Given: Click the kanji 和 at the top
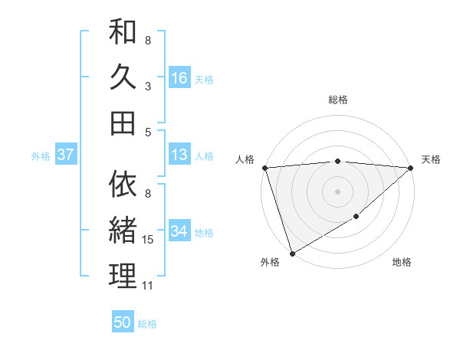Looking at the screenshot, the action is (123, 33).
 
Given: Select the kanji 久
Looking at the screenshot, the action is (123, 77).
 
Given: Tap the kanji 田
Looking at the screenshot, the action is (123, 123).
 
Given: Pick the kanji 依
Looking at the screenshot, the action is (123, 185).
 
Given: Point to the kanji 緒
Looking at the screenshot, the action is (123, 230).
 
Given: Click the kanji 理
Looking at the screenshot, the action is (123, 275).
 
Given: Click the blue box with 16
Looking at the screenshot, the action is (179, 78).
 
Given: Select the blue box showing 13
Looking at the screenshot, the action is (179, 155).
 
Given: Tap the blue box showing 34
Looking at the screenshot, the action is (179, 231).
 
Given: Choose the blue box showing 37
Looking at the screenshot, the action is (66, 155).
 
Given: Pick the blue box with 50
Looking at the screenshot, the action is (123, 322).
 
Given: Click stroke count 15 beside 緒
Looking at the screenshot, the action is (148, 241).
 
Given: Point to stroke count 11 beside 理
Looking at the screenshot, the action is (148, 286).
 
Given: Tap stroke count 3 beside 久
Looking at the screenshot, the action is (148, 87).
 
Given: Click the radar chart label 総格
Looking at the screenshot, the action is (337, 100).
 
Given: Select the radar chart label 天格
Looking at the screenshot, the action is (431, 159).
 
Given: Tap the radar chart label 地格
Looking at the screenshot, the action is (402, 262).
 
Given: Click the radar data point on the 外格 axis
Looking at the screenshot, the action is (292, 254).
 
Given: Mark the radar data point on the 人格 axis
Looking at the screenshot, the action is (264, 168).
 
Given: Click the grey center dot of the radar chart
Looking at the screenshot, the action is (337, 191).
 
